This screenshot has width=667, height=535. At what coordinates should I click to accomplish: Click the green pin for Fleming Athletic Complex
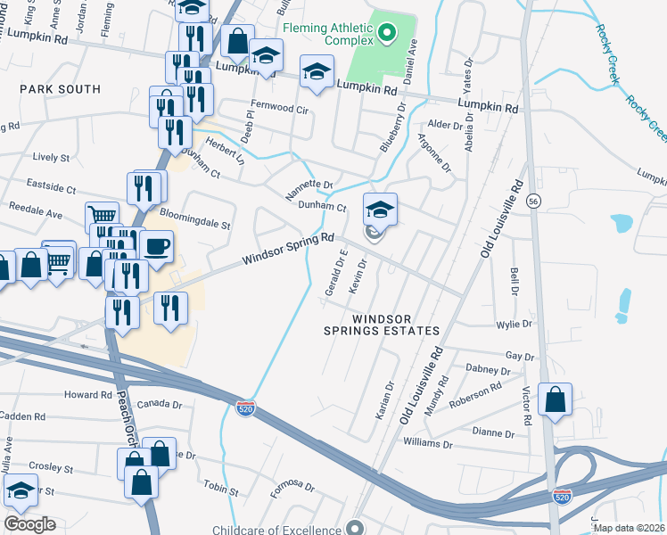(386, 35)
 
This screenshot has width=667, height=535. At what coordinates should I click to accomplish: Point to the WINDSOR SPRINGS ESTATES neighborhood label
(383, 325)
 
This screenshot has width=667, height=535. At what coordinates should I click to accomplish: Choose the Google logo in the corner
(29, 523)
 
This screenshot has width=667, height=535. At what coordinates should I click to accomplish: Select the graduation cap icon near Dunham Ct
(380, 210)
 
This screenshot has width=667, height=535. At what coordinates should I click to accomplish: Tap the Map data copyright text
(629, 528)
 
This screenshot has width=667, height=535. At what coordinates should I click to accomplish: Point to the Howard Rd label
(87, 394)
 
